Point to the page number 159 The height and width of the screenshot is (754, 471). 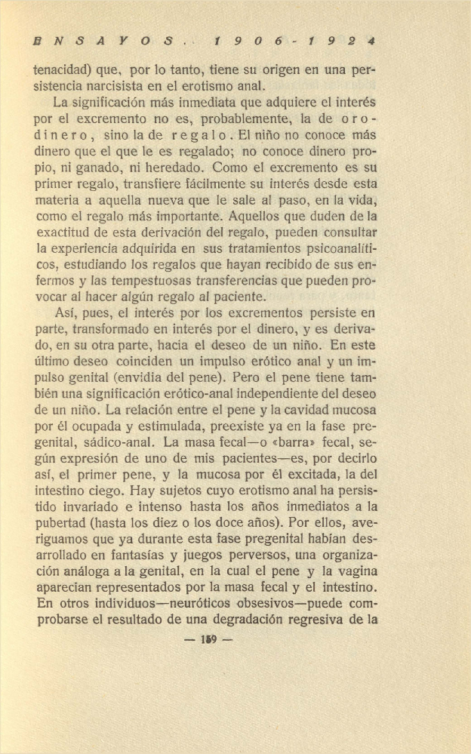click(x=209, y=640)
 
